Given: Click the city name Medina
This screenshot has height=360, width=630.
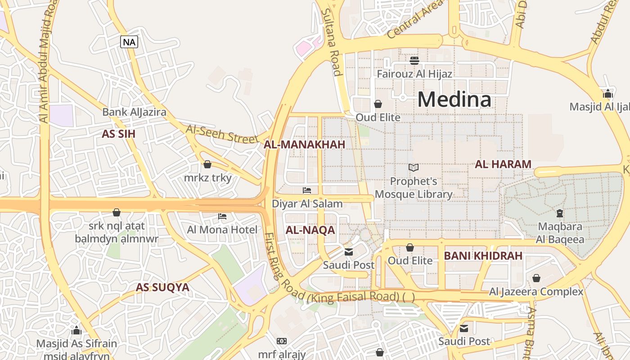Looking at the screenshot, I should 454,99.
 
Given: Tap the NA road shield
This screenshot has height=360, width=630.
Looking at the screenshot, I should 129,42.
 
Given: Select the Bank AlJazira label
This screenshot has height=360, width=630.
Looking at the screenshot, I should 134,112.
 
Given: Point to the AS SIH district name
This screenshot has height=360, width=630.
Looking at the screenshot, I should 118,134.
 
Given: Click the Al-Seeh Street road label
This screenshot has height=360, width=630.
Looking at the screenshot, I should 222,135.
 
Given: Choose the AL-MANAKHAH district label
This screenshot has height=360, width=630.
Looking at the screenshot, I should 304,144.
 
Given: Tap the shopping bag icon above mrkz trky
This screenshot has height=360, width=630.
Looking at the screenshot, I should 207,165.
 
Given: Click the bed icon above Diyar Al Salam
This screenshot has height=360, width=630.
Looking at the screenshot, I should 307,190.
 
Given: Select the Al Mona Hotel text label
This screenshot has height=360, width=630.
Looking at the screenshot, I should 222,230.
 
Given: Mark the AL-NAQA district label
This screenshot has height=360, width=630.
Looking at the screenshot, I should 310,230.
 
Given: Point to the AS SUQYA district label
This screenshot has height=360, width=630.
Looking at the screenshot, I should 162,287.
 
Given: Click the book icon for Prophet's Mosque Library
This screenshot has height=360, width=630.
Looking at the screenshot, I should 413,168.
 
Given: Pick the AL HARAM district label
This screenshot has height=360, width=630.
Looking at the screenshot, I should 503,164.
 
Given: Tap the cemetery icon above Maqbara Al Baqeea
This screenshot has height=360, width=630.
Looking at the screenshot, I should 560,213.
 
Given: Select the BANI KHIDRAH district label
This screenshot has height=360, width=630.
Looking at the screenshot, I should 483,256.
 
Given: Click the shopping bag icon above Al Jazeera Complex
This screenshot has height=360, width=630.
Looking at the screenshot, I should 536,278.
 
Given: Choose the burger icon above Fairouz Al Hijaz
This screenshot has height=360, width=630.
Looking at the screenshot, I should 414,60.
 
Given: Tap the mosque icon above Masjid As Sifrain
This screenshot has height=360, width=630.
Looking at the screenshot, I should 76,330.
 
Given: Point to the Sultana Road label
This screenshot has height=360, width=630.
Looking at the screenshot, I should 332,43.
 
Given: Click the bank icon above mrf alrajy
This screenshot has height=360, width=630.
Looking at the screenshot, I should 282,341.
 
